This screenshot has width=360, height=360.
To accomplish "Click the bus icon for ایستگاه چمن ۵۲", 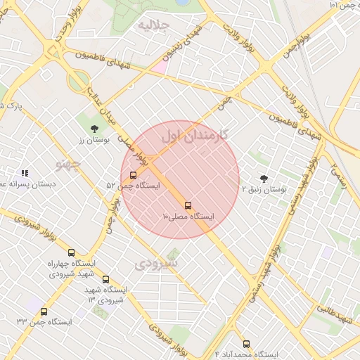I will tap(134, 175).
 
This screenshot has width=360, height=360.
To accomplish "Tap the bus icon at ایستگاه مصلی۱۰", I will tap(188, 205).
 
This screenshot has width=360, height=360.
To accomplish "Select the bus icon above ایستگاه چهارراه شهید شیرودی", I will tap(71, 252).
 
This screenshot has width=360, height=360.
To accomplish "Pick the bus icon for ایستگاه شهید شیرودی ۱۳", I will tap(105, 279).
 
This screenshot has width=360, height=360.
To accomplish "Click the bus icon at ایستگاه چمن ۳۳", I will tap(44, 311).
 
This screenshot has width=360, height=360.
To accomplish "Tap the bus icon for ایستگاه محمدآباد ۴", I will tap(246, 344).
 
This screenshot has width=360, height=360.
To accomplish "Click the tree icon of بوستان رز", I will tap(94, 128).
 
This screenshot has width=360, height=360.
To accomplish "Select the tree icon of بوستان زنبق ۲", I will tap(264, 179).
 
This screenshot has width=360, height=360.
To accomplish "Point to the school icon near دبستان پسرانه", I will tap(25, 172).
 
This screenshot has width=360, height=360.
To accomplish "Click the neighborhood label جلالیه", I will tap(154, 26).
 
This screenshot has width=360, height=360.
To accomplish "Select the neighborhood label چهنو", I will tap(69, 164).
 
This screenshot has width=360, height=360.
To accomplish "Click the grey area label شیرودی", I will tap(157, 264).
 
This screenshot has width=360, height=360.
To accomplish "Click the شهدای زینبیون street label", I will tap(184, 42).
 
